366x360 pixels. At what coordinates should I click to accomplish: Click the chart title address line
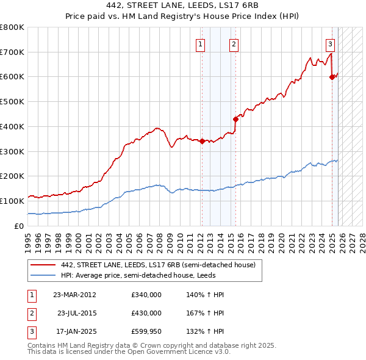[x=182, y=6]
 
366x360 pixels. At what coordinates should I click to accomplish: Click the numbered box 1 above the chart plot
[x=200, y=44]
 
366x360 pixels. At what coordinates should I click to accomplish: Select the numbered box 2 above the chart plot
[x=234, y=44]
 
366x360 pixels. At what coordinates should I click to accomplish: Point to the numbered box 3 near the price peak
[x=329, y=44]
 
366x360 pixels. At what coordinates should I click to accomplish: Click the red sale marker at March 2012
[x=202, y=142]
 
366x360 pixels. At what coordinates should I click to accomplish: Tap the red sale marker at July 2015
[x=235, y=119]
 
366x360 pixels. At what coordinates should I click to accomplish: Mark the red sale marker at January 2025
[x=332, y=77]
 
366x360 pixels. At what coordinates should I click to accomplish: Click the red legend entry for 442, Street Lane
[x=162, y=265]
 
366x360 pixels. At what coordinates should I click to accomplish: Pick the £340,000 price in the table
[x=146, y=295]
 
